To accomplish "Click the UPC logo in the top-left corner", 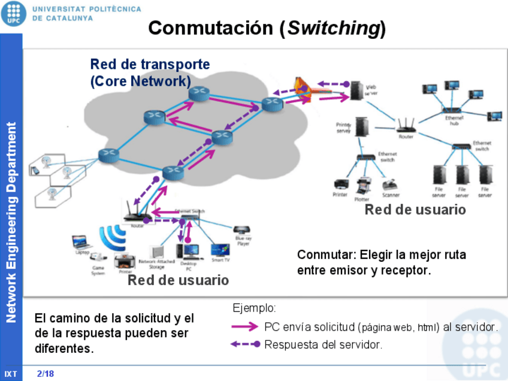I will (14, 13).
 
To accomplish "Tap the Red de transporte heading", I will (150, 64).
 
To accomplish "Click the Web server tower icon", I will (358, 90).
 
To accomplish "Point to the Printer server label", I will (343, 127).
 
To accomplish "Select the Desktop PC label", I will (189, 267).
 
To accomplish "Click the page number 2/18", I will (45, 373).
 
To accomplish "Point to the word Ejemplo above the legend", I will (254, 309).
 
